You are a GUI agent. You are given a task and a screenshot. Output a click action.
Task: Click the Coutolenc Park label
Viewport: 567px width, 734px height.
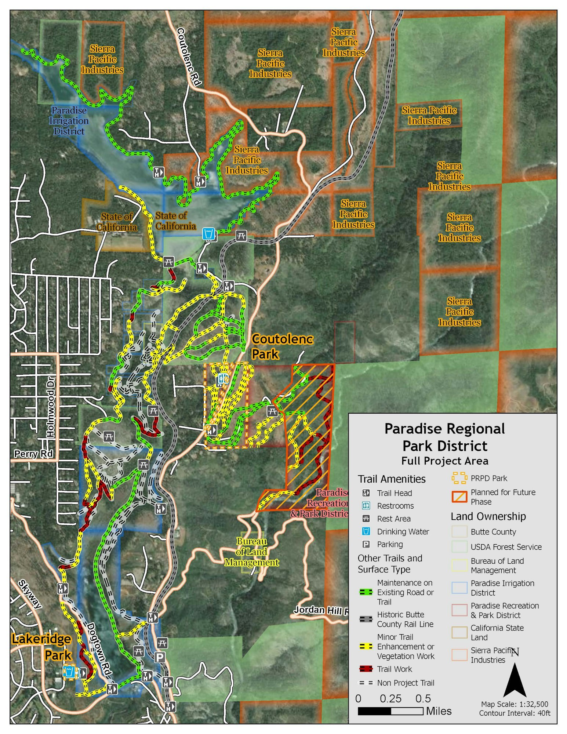coord(282,346)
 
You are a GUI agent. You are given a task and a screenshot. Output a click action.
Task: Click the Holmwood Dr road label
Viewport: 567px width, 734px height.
coord(51,406)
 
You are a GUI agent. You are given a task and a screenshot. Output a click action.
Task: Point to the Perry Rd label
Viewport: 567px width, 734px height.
coord(33,454)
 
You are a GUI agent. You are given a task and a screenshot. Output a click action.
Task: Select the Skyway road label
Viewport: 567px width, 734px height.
coord(30,594)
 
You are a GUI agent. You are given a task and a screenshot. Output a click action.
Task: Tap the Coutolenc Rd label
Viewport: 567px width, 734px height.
coord(189,57)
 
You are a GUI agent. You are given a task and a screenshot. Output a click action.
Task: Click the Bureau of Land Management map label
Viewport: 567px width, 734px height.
coord(252,552)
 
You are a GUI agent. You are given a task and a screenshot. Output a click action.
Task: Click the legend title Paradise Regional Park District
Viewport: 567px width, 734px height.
coord(444,437)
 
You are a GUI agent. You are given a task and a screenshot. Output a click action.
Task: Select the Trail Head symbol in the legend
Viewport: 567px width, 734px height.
coord(366,493)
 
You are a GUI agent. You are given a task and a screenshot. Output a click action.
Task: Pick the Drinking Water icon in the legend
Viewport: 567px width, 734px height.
coord(366,531)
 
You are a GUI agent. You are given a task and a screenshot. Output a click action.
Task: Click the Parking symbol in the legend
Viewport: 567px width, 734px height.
coord(366,544)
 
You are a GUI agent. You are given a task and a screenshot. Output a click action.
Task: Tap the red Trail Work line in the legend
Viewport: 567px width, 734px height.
coord(366,669)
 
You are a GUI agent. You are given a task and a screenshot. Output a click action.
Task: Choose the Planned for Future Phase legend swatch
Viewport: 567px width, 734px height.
coord(459,497)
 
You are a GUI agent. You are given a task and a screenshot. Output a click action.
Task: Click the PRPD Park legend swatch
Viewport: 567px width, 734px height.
coord(459,478)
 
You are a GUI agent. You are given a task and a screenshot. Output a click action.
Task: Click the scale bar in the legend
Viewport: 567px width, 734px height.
coord(390,711)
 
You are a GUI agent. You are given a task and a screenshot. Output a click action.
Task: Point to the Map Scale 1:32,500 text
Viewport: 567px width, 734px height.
coord(515,704)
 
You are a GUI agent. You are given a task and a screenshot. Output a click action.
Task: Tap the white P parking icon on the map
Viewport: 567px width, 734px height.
coord(160,657)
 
